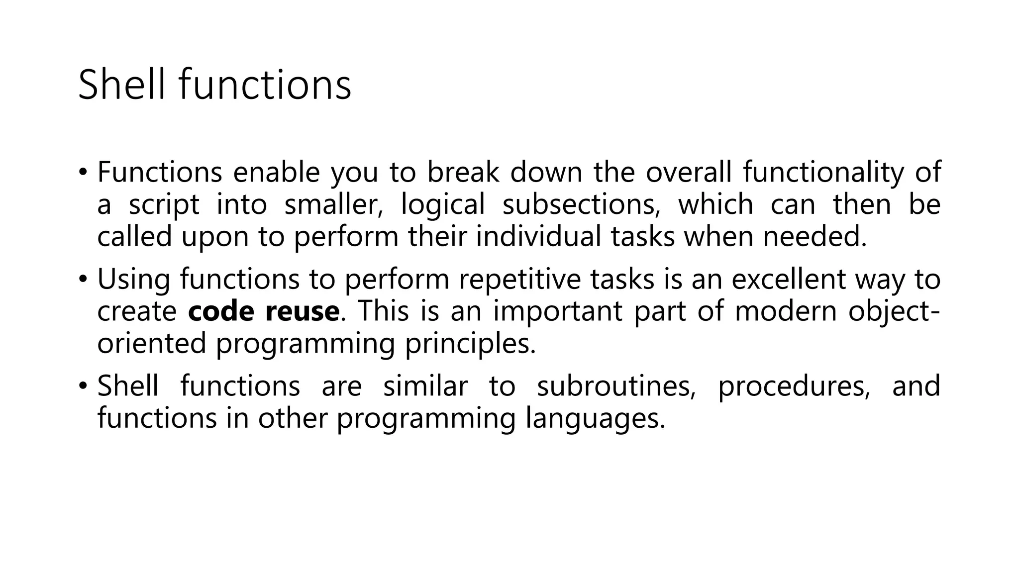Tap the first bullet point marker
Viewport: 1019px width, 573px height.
[83, 173]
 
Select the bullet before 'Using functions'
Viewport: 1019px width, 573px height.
[83, 280]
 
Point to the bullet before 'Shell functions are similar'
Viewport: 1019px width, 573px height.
[83, 386]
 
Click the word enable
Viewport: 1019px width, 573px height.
[276, 172]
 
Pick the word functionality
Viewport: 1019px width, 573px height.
[823, 172]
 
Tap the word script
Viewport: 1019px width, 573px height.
[164, 205]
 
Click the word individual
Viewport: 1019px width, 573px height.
[538, 236]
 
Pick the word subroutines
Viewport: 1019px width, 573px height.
[616, 386]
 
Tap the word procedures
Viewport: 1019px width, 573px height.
[794, 386]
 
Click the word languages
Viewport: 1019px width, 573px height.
[595, 418]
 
